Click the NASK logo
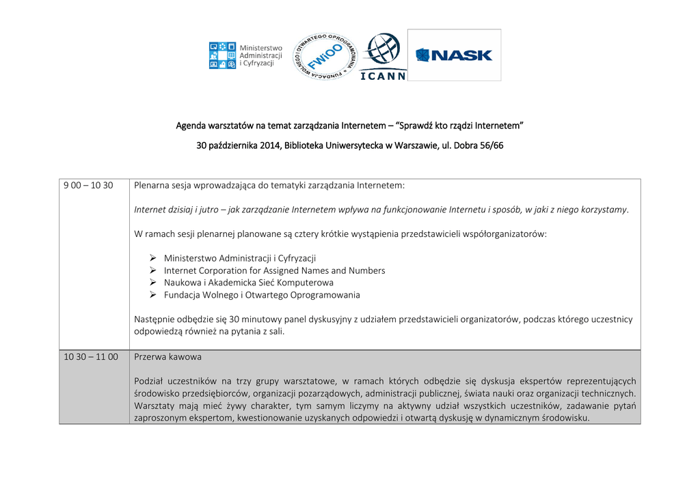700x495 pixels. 454,55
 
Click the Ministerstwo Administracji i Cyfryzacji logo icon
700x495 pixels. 222,55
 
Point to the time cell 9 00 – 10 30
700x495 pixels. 88,185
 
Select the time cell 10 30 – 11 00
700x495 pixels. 91,356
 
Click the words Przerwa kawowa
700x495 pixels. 168,356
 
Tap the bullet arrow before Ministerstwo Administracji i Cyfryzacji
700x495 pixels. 153,258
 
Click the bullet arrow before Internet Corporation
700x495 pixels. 153,270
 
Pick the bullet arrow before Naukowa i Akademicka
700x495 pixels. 153,283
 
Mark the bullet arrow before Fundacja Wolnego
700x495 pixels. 153,295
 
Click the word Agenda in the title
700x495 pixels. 191,126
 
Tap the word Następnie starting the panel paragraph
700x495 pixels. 155,319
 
